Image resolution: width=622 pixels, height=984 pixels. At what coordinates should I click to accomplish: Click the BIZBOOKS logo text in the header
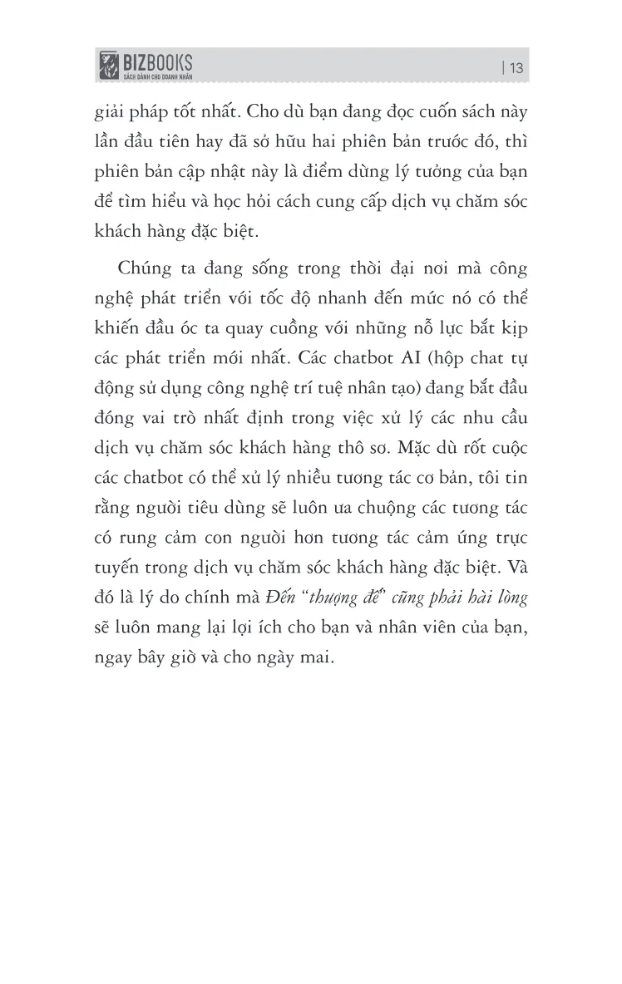[x=157, y=61]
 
